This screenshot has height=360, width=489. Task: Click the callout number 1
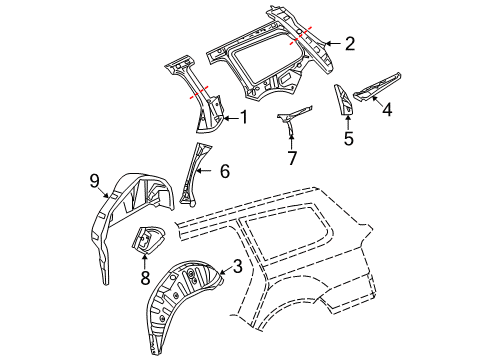(x=244, y=118)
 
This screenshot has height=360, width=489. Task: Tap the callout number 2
(x=350, y=44)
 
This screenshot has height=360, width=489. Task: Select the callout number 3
(x=237, y=266)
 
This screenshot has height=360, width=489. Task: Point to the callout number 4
(x=387, y=109)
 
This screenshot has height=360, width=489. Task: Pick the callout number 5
(x=348, y=138)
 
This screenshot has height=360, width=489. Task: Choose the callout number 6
(x=225, y=171)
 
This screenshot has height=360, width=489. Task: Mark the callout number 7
(x=292, y=158)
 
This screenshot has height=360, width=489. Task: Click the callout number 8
(x=145, y=278)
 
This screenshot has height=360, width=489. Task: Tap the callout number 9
(x=94, y=181)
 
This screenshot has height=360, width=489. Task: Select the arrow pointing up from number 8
(x=145, y=261)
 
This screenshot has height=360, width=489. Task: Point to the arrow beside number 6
(x=204, y=171)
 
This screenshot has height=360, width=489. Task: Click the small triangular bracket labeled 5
(x=343, y=99)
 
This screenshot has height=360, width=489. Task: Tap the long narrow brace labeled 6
(x=194, y=173)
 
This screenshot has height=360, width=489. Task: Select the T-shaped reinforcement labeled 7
(x=292, y=118)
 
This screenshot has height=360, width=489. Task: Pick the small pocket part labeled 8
(x=148, y=239)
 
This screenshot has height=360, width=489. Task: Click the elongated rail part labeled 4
(x=377, y=87)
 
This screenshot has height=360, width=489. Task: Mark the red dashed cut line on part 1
(x=199, y=92)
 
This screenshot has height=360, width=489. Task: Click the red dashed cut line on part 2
(x=300, y=35)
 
